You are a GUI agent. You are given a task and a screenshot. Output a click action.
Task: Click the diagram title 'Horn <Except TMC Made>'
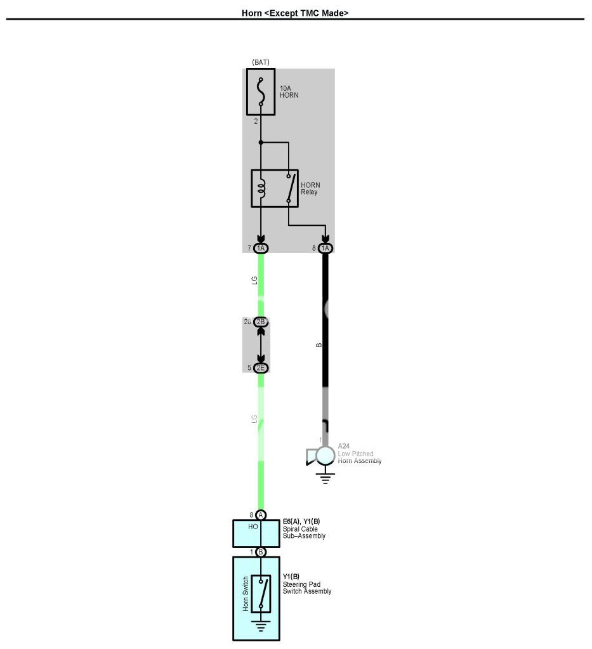point(295,12)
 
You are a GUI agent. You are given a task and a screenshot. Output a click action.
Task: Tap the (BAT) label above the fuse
point(261,62)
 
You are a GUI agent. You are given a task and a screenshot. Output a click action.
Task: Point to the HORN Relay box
point(275,188)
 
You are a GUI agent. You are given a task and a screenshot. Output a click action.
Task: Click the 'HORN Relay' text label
point(310,188)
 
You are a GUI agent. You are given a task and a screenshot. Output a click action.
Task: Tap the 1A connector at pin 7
point(261,248)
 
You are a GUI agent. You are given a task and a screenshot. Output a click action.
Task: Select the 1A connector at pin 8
point(326,248)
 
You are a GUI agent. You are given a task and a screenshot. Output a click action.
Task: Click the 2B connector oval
point(261,322)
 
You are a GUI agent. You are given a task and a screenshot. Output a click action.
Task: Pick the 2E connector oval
point(261,368)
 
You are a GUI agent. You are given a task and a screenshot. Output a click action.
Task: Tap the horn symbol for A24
point(322,456)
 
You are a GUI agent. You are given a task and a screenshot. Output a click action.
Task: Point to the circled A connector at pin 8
point(261,515)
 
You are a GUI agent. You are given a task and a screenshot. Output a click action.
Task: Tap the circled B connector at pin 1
point(261,552)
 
